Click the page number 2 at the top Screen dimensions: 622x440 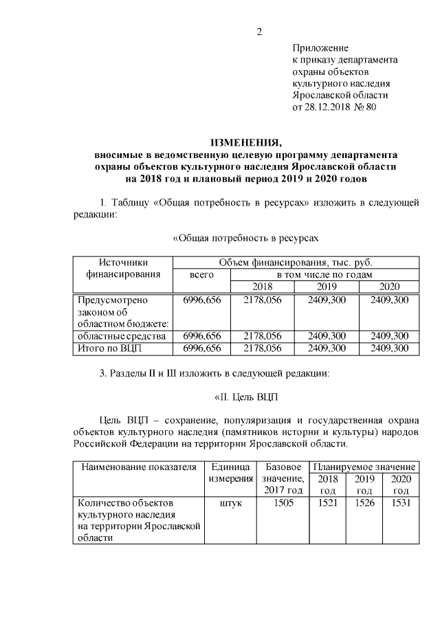pyautogui.click(x=260, y=31)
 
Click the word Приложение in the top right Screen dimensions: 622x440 pyautogui.click(x=320, y=48)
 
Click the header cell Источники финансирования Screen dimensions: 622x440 pyautogui.click(x=122, y=267)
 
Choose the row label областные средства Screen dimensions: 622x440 pyautogui.click(x=122, y=336)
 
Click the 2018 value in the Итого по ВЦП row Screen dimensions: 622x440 pyautogui.click(x=262, y=348)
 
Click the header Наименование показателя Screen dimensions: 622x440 pyautogui.click(x=135, y=467)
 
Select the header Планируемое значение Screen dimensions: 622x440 pyautogui.click(x=364, y=467)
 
